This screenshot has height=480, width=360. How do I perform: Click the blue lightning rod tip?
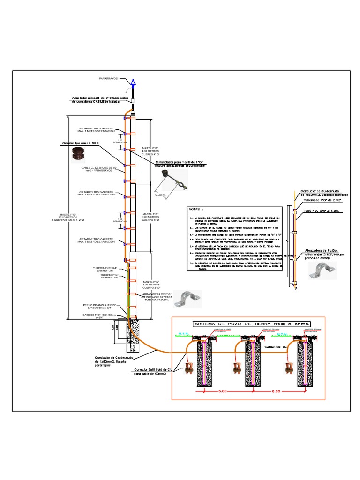coord(133,82)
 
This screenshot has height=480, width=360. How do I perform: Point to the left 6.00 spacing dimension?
coord(222,391)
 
